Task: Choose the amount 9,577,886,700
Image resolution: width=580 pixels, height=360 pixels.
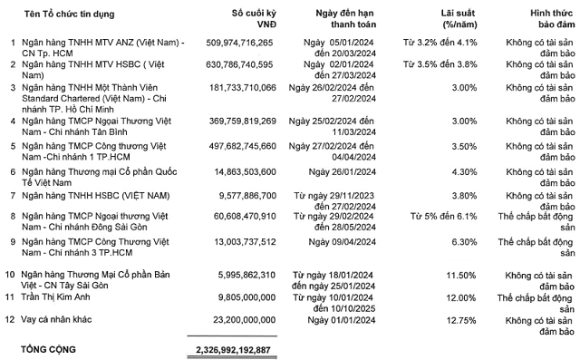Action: pyautogui.click(x=241, y=195)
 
